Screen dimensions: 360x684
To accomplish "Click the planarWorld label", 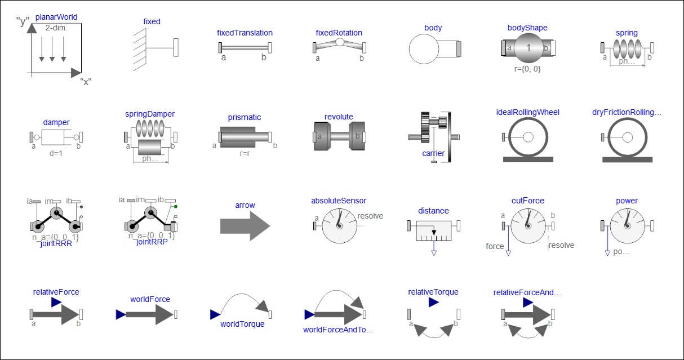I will coord(56,17).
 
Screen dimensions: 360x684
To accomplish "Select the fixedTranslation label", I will coord(245,33).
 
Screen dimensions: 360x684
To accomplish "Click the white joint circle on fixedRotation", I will coord(339,42).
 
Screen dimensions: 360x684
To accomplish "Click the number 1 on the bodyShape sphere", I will coord(528,48).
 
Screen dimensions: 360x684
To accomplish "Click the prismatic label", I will coord(245,117).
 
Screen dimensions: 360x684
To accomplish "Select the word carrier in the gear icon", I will coord(433,153).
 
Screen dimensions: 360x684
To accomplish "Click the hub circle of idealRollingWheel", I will coord(528,137).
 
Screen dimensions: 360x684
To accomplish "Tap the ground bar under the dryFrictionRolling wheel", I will coord(627,159).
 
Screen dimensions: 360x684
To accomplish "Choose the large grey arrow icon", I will coord(245,226).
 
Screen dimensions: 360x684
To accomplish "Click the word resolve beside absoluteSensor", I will coord(370,216).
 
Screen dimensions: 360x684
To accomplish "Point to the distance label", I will coord(433,211).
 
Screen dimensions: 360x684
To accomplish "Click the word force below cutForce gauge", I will coord(495,246).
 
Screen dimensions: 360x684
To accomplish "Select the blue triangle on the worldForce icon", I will coord(121,314).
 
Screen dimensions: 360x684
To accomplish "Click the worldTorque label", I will coord(242,324).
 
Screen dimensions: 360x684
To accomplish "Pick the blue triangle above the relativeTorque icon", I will coord(433,303).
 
